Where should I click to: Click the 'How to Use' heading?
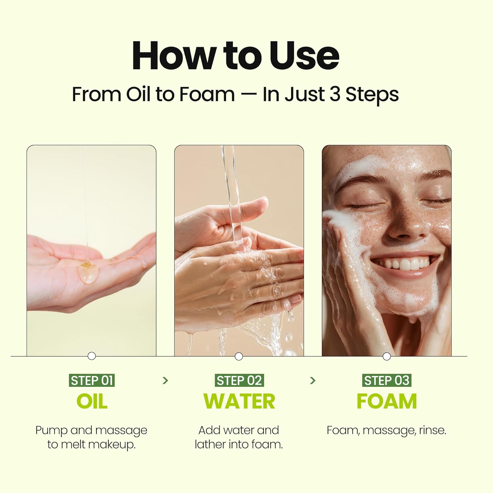[235, 56]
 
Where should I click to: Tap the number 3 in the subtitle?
[334, 94]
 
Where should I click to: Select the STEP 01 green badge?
[92, 380]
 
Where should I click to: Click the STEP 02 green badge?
[239, 380]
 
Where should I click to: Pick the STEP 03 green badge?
[387, 380]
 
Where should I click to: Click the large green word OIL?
[92, 401]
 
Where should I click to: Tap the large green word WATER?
[239, 401]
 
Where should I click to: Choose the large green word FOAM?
[387, 401]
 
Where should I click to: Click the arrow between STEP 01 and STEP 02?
[165, 381]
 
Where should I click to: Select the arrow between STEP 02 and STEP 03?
[313, 381]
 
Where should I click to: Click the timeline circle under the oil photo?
[92, 356]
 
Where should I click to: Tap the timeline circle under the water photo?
[239, 356]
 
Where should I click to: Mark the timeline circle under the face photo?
[387, 356]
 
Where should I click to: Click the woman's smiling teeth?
[405, 263]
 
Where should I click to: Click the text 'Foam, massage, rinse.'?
[387, 430]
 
